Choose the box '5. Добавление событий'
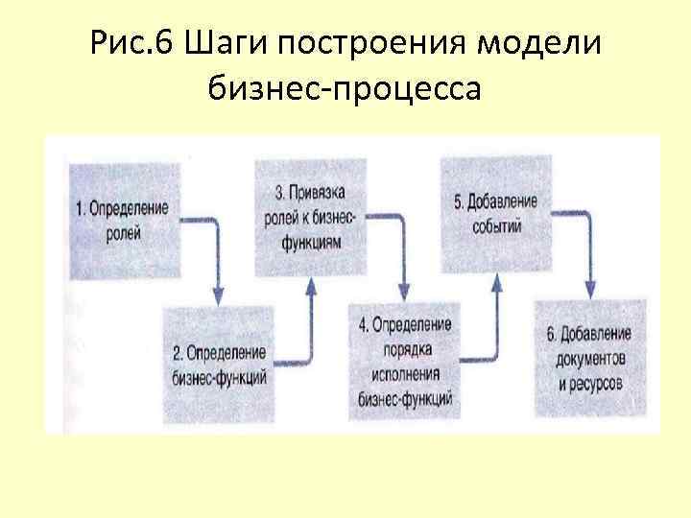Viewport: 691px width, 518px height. [x=496, y=215]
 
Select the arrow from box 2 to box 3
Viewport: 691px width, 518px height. [x=309, y=317]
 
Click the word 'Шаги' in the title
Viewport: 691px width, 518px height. [x=221, y=44]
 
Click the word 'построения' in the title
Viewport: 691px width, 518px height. [x=375, y=44]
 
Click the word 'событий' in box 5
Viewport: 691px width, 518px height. [x=496, y=227]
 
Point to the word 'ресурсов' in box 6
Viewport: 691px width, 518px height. [x=592, y=383]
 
